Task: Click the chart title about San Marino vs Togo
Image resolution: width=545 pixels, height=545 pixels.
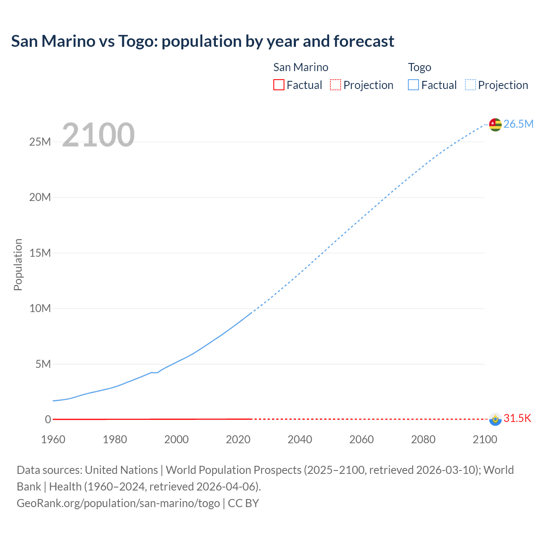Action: coord(203,41)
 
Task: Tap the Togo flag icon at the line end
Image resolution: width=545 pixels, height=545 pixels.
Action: coord(495,124)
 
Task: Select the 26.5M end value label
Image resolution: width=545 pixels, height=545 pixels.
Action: coord(518,124)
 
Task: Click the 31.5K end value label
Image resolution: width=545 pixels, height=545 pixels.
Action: coord(517,418)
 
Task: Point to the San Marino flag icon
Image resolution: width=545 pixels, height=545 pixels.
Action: coord(495,419)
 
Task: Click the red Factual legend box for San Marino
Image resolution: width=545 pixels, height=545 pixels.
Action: coord(278,85)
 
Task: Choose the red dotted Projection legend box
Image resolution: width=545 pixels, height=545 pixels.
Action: coord(336,85)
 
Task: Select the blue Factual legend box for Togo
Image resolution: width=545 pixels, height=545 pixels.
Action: coord(413,85)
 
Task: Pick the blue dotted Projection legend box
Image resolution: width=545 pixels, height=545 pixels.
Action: coord(470,85)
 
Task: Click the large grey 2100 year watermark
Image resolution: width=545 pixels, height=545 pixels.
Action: coord(98,135)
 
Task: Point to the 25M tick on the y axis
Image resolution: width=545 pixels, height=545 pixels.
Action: coord(40,142)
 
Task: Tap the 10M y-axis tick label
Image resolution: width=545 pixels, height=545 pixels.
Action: coord(40,308)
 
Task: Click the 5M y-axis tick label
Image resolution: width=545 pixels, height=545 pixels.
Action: coord(43,364)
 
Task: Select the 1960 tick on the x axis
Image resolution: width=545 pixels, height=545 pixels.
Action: coord(53,439)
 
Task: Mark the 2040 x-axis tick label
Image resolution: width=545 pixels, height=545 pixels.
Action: coord(300,439)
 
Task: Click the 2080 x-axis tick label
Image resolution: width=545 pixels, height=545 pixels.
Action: coord(423,439)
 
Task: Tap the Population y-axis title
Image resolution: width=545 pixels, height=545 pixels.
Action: coord(18,264)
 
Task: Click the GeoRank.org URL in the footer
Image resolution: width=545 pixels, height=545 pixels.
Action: coord(118,503)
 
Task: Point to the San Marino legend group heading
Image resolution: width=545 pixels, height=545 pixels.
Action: coord(301,67)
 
